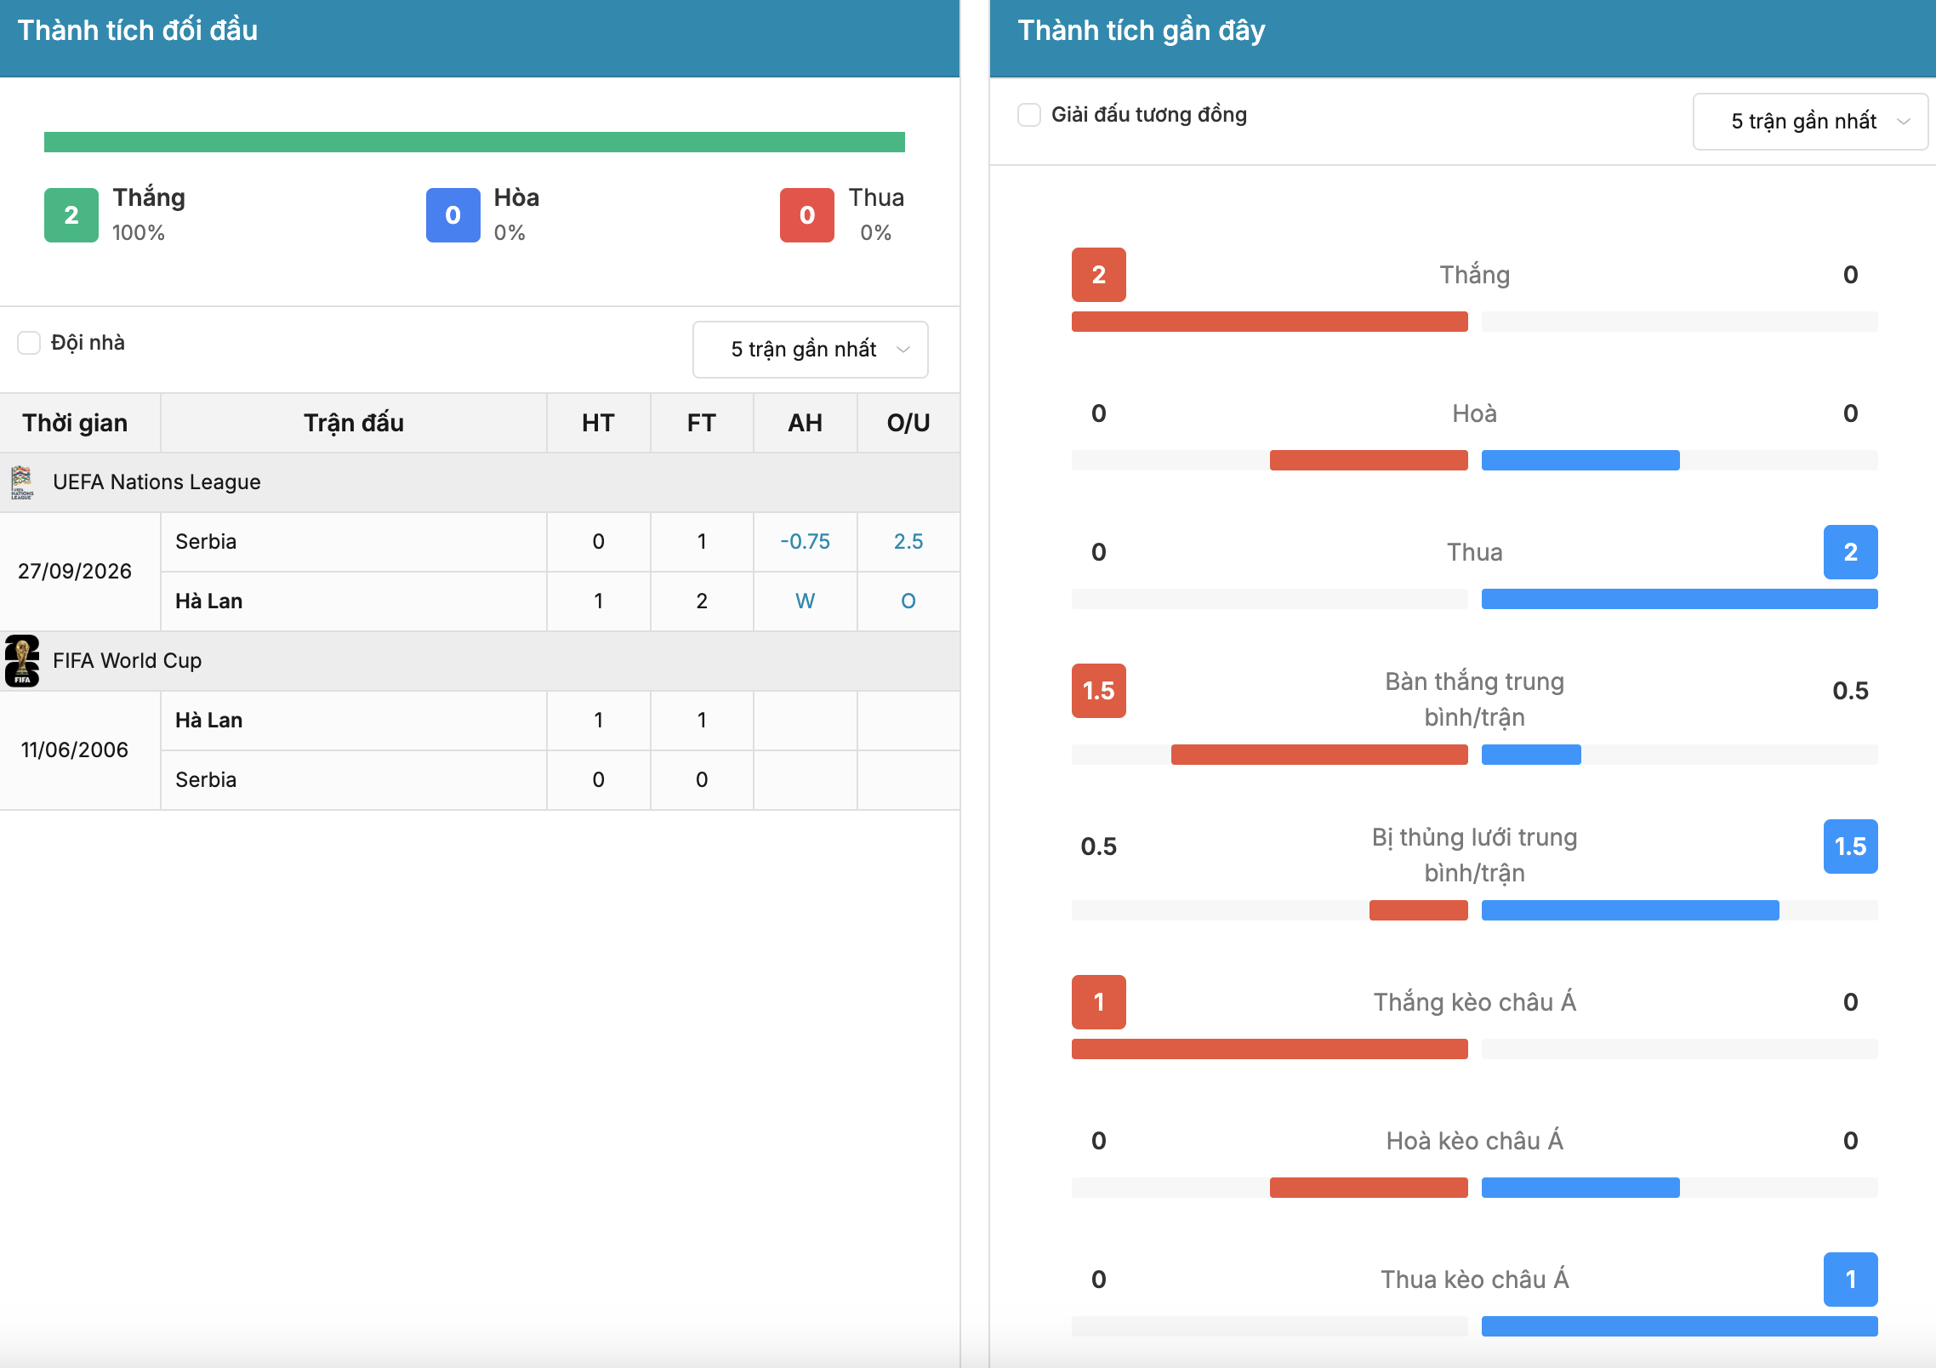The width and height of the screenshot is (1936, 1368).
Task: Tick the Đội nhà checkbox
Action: coord(29,343)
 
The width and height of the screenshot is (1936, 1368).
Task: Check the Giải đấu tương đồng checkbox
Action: coord(1029,115)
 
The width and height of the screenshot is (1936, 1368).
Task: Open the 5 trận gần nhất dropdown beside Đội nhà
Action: coord(811,350)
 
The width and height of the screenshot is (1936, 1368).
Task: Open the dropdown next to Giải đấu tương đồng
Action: coord(1810,122)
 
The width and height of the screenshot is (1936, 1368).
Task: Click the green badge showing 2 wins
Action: coord(71,215)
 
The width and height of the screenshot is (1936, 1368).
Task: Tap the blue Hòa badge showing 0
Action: coord(453,215)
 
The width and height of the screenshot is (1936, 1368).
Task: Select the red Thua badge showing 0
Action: coord(807,215)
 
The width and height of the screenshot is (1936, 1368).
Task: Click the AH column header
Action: coord(806,423)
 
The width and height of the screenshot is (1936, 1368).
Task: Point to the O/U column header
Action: coord(908,423)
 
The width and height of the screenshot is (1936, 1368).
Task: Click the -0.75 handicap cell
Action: coord(806,542)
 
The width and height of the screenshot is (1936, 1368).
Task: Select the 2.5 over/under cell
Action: coord(908,542)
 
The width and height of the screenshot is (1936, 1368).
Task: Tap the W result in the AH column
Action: coord(806,601)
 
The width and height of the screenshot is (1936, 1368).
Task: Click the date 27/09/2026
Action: coord(75,571)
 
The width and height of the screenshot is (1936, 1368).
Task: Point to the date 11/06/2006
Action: coord(75,750)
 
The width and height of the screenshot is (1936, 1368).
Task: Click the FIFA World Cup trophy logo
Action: coord(22,661)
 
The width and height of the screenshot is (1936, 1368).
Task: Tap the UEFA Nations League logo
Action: coord(22,482)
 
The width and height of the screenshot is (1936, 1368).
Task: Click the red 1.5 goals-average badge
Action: coord(1099,691)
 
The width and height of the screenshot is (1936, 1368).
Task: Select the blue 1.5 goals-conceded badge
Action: coord(1851,846)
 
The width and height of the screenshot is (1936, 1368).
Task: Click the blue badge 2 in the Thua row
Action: coord(1851,552)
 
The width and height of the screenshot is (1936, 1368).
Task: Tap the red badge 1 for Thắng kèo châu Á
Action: coord(1099,1002)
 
